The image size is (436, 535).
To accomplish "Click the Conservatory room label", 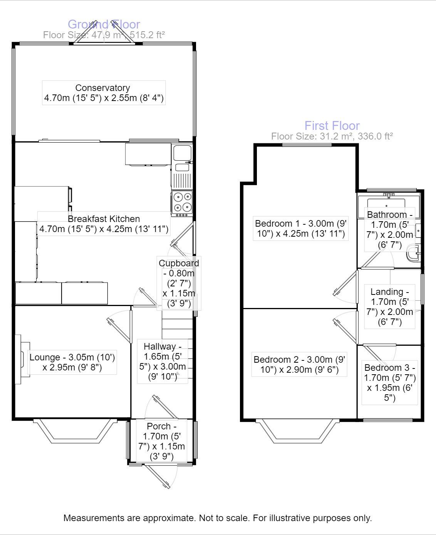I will tap(102, 88).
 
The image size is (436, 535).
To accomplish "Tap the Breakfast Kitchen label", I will tap(104, 219).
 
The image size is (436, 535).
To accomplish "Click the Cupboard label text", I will tap(179, 263).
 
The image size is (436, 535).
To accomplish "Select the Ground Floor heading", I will tap(104, 24).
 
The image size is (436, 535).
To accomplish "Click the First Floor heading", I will tap(332, 126).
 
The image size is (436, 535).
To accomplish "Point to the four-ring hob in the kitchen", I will tap(182, 202).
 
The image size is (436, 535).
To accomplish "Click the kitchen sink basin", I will tap(182, 153).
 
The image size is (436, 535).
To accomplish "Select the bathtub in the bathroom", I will tap(386, 203).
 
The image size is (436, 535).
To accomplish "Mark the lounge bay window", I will tap(75, 431).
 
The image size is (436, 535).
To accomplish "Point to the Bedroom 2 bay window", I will tap(299, 431).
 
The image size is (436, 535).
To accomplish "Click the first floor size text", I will tap(332, 136).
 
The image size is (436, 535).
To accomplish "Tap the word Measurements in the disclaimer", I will tap(89, 518).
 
